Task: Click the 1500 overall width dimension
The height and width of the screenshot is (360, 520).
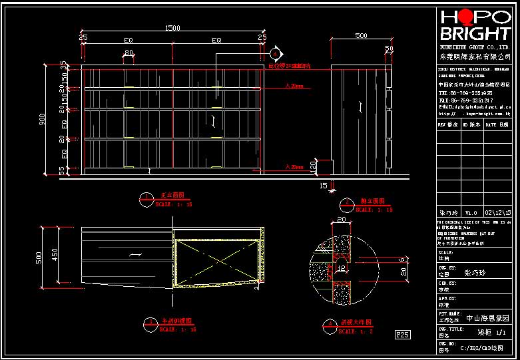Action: click(172, 28)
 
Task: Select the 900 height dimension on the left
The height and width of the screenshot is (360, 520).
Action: click(42, 118)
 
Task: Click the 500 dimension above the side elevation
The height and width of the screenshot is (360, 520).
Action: click(361, 35)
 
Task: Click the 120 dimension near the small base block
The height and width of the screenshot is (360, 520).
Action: click(313, 166)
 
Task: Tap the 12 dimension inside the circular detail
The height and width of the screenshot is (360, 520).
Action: click(341, 268)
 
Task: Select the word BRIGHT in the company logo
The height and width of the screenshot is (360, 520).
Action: click(473, 34)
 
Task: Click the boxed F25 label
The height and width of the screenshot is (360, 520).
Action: click(402, 333)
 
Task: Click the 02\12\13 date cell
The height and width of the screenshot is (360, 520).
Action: click(498, 212)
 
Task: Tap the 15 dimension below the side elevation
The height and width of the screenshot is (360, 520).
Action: click(324, 185)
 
